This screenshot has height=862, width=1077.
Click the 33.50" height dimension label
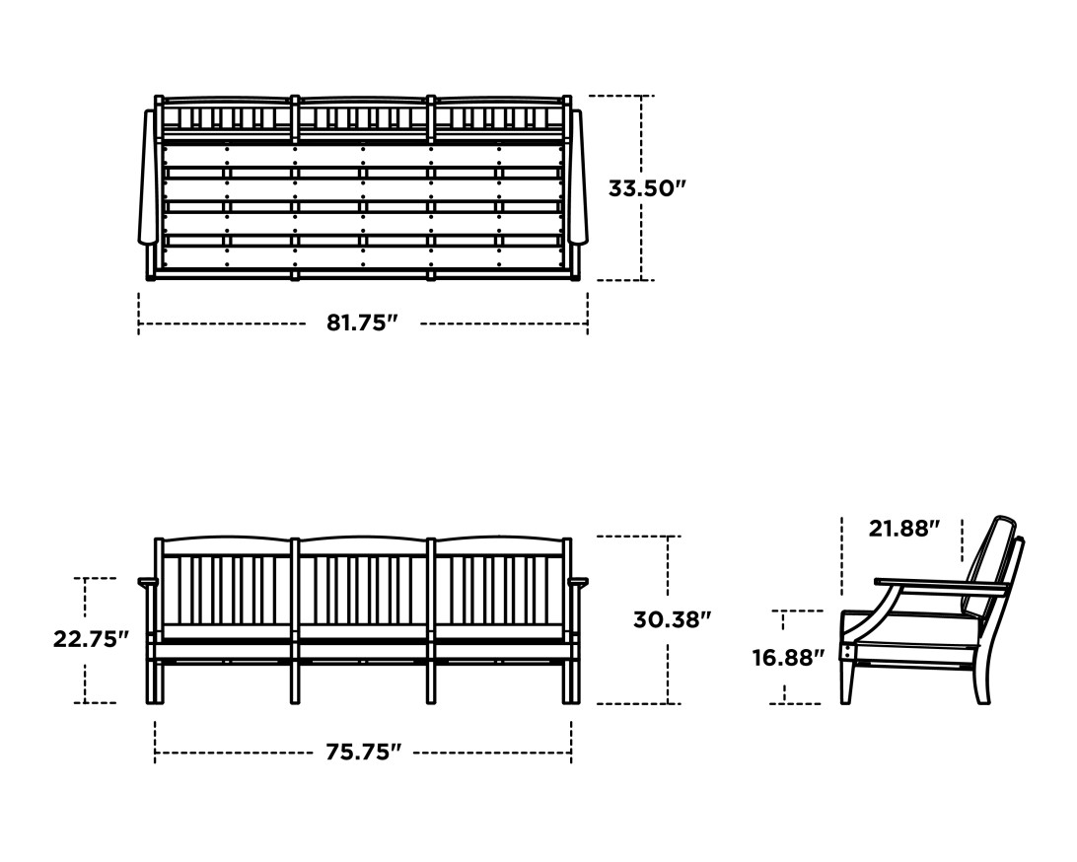[646, 187]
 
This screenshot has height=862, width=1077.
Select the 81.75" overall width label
[362, 323]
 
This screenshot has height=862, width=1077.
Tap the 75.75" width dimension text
[363, 752]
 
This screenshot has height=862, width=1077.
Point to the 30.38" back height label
[672, 619]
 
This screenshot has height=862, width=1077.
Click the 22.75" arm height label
[91, 638]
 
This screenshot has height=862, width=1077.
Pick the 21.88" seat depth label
[900, 529]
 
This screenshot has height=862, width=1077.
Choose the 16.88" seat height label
[788, 657]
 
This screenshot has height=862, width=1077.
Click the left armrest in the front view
[148, 582]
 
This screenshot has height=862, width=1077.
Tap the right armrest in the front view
[577, 582]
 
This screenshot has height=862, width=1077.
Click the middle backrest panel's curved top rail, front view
[363, 540]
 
